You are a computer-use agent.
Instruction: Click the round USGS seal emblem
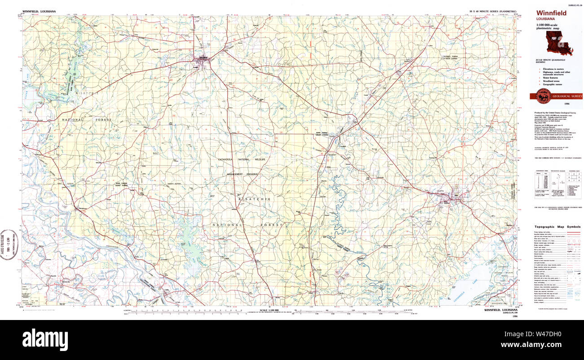coord(543,95)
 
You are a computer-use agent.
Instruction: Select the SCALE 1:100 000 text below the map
coord(269,311)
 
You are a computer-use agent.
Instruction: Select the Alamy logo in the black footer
coord(45,339)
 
